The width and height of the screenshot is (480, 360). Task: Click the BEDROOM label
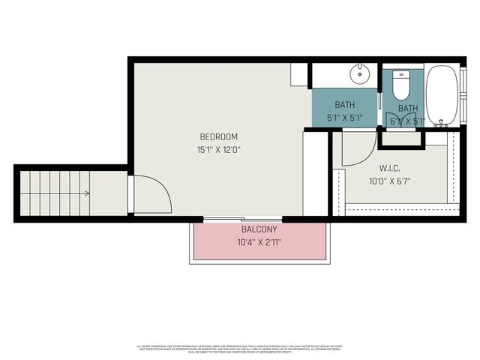[x=218, y=136]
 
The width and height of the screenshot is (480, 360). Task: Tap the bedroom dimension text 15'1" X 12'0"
[x=218, y=149]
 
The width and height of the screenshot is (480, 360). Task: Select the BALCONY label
[x=259, y=229]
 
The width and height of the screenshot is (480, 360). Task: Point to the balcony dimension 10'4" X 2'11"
[x=259, y=241]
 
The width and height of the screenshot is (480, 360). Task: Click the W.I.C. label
[x=388, y=168]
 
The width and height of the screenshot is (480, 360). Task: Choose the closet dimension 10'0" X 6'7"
[x=388, y=181]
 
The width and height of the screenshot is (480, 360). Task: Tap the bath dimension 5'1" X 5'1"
[x=345, y=118]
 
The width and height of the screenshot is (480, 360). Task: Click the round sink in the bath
[x=361, y=73]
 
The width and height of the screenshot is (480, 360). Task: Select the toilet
[x=401, y=86]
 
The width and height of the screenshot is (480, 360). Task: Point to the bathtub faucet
[x=440, y=121]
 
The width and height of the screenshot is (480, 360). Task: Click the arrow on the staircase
[x=87, y=193]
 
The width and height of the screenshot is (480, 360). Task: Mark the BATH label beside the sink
[x=345, y=105]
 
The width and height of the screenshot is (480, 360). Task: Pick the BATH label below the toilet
[x=408, y=109]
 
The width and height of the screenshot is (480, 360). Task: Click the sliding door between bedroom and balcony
[x=222, y=219]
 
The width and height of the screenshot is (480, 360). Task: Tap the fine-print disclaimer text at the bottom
[x=240, y=349]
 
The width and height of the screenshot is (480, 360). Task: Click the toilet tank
[x=401, y=75]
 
